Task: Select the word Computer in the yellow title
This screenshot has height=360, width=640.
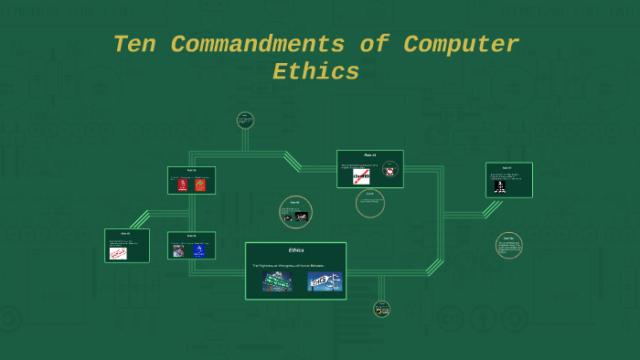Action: click(462, 44)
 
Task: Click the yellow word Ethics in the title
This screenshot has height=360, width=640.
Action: click(315, 72)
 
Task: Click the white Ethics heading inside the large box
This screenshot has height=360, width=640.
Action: click(295, 249)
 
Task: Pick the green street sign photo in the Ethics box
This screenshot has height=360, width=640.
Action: click(277, 281)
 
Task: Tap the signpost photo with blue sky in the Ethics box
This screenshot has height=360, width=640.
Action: click(324, 281)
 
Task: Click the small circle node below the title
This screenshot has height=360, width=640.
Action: click(245, 120)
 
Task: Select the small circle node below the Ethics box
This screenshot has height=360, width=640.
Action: click(381, 309)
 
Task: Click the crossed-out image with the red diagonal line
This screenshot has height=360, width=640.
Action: click(361, 175)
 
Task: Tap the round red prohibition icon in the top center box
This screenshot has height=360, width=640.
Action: click(389, 171)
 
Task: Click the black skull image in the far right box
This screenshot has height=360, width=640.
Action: click(500, 185)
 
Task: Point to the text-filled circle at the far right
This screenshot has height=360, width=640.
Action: click(509, 245)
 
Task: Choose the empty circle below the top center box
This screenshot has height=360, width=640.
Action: click(370, 204)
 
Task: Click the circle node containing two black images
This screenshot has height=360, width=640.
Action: click(295, 212)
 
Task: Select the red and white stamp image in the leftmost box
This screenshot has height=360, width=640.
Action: click(118, 253)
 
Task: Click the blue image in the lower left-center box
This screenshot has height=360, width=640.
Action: click(198, 250)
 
